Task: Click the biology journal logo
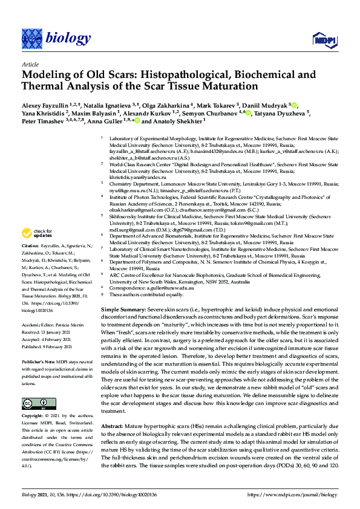50,38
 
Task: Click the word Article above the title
30,64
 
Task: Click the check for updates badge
38,233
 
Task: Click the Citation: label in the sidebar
30,247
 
